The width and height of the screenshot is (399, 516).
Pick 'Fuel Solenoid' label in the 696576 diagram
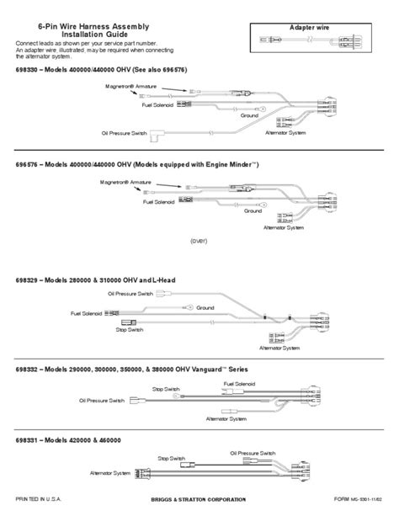point(159,202)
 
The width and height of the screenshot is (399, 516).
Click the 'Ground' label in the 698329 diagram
point(206,307)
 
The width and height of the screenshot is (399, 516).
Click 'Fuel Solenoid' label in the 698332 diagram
point(239,383)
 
